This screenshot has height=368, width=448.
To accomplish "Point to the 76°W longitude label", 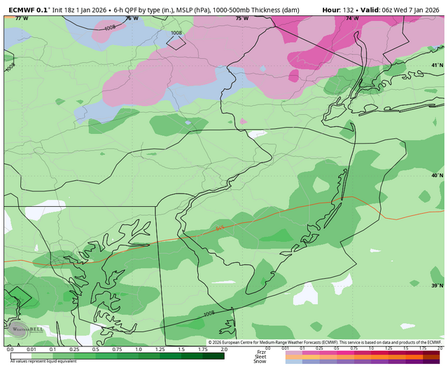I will [130, 19].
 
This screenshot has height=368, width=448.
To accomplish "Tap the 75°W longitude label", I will [242, 19].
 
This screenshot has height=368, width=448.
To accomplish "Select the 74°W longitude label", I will [352, 19].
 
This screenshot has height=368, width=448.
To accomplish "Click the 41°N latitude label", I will [437, 65].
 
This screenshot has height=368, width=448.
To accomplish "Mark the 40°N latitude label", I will [437, 176].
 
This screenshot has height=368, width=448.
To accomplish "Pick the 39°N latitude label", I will [437, 286].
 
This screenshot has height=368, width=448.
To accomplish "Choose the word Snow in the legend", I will [261, 361].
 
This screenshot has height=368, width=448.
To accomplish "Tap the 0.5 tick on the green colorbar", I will [95, 349].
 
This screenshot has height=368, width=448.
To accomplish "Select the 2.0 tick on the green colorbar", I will [223, 349].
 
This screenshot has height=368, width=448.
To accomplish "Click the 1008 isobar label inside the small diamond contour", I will [176, 33].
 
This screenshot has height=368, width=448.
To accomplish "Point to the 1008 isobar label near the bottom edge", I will [209, 313].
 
